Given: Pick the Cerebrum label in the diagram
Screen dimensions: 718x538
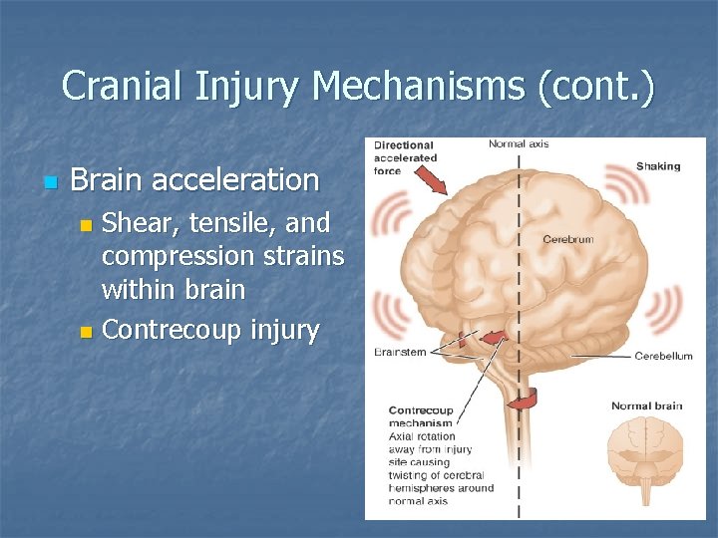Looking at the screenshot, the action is [x=567, y=239].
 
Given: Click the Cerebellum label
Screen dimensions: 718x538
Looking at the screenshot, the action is [x=663, y=356].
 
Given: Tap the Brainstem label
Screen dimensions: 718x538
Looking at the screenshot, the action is [x=400, y=352].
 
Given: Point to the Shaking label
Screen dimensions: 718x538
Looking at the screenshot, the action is [x=658, y=166].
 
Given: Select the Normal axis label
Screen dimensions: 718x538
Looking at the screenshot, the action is [x=518, y=144].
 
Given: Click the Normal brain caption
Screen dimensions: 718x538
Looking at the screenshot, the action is [x=646, y=405].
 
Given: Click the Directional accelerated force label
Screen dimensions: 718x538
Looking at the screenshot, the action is [x=405, y=157].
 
